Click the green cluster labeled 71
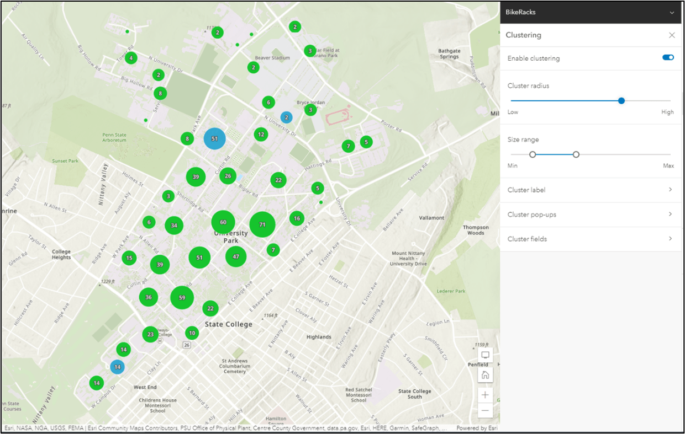(x=262, y=224)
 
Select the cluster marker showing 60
(x=223, y=222)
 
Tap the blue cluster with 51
(x=215, y=138)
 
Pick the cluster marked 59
(x=182, y=298)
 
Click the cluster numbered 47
(x=236, y=256)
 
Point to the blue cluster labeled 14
(x=117, y=367)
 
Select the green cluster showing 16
(x=297, y=218)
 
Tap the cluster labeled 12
(x=261, y=134)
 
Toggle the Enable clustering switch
(x=668, y=57)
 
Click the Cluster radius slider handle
(x=621, y=100)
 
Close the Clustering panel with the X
(x=672, y=35)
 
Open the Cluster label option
(x=589, y=190)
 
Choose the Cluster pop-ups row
(x=589, y=215)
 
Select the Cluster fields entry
(x=589, y=239)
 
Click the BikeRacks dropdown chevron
(x=672, y=12)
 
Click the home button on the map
(x=486, y=375)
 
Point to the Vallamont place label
(x=431, y=218)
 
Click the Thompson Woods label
(x=476, y=230)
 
